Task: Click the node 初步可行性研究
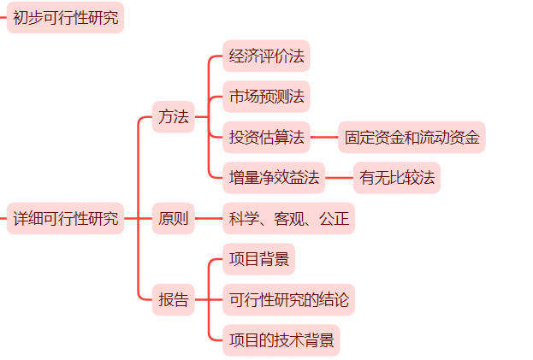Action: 66,17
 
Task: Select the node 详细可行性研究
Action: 66,219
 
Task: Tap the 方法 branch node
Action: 173,117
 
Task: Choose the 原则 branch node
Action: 173,219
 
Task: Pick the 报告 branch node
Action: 173,300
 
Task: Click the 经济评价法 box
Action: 266,56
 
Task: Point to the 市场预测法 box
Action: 266,97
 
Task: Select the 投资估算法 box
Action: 266,137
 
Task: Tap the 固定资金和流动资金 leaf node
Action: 412,137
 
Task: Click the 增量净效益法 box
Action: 274,178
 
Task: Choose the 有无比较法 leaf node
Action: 397,178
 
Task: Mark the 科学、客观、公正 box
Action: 288,219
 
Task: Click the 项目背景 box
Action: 258,259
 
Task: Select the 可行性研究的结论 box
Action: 288,300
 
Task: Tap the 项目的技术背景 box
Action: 281,340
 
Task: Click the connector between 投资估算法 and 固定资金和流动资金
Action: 324,137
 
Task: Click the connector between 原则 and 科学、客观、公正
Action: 209,219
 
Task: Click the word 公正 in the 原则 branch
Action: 333,219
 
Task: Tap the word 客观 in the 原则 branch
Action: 288,219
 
